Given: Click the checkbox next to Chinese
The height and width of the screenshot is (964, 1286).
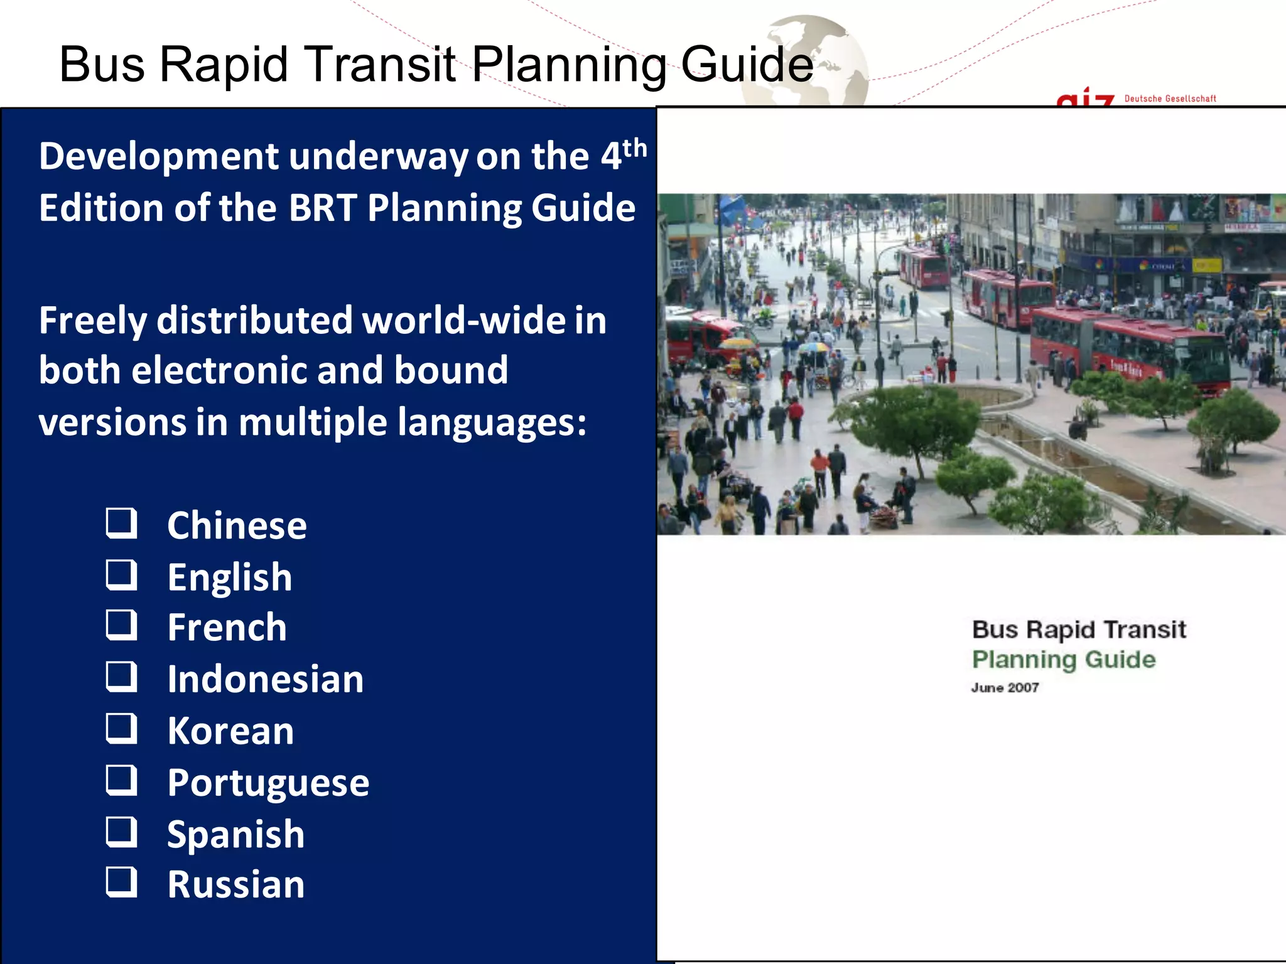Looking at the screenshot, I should click(121, 523).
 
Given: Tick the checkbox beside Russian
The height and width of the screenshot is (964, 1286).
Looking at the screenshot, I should click(121, 882).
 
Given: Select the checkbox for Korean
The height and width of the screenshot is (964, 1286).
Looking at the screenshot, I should click(121, 729).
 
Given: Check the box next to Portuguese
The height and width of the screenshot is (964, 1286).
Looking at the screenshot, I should click(121, 780).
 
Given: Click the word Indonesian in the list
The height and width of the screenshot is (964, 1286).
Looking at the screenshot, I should click(265, 679).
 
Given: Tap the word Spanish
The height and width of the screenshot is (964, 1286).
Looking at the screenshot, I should click(235, 834).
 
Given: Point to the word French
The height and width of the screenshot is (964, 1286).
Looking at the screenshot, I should click(227, 628).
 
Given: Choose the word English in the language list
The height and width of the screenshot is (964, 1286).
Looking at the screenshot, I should click(229, 577).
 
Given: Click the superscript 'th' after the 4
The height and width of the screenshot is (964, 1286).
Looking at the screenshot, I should click(635, 149).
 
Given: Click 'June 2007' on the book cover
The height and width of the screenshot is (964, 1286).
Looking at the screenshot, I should click(1005, 687).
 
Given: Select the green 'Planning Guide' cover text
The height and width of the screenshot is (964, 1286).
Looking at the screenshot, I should click(1064, 660).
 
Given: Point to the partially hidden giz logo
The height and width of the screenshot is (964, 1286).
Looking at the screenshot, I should click(1086, 99).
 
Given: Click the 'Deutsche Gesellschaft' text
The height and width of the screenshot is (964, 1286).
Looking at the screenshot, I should click(1170, 99).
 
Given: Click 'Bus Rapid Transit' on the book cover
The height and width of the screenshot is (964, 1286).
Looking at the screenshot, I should click(1079, 629).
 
